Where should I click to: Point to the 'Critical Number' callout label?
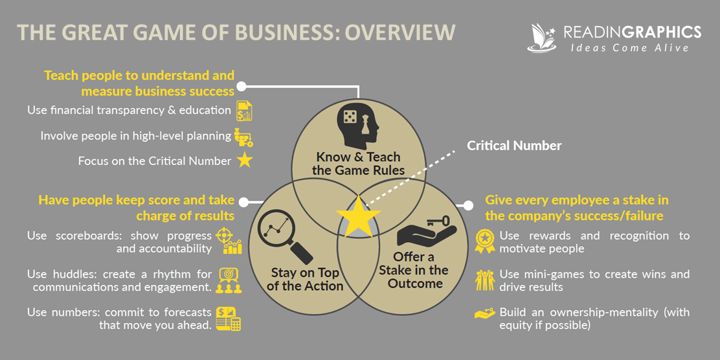[x=514, y=146]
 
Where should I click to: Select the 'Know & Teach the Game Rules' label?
[x=358, y=164]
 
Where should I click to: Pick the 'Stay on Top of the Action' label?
[x=305, y=278]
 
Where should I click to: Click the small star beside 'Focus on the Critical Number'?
[x=244, y=161]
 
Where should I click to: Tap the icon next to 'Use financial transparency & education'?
[x=244, y=111]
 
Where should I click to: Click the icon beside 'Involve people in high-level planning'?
[x=244, y=137]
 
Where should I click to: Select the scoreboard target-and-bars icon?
[x=231, y=240]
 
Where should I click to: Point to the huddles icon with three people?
[x=229, y=280]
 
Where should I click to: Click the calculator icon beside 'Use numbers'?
[x=229, y=319]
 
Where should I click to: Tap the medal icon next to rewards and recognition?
[x=485, y=241]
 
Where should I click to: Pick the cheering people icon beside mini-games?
[x=485, y=280]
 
